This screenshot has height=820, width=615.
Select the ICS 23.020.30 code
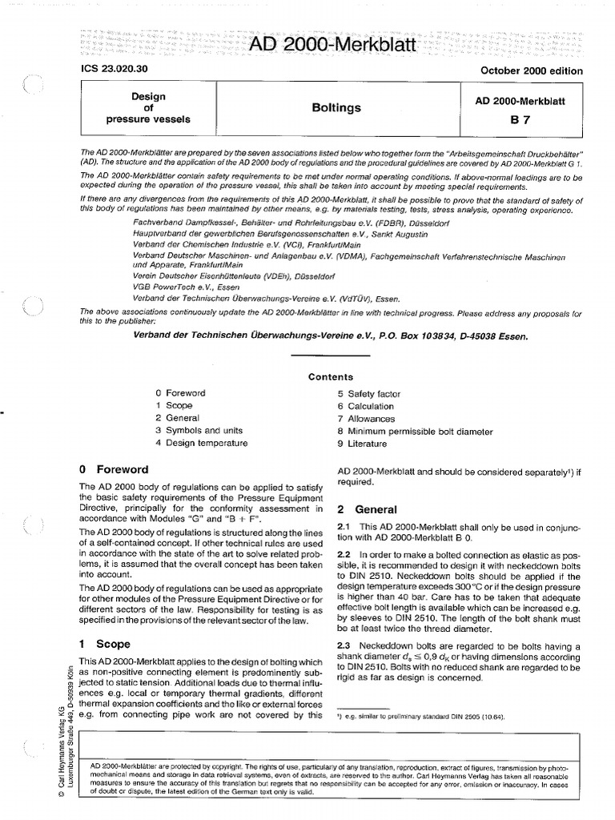107,70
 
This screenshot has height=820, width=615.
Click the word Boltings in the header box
336,107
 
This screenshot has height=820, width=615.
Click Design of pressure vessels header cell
148,108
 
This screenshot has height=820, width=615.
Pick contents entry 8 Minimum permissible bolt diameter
415,431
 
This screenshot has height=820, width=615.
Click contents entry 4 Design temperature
202,443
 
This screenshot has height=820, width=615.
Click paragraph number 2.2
345,554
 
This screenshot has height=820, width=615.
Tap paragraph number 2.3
345,645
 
